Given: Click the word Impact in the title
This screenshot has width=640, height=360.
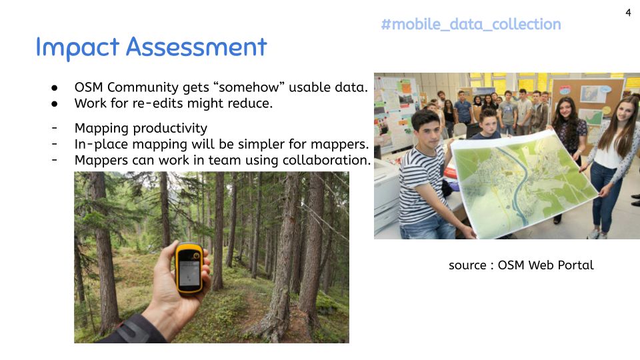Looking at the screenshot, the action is pyautogui.click(x=77, y=47).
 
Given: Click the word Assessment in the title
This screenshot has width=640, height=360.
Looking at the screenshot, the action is pyautogui.click(x=196, y=47).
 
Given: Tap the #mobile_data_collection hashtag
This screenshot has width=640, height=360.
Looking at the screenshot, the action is pyautogui.click(x=471, y=25).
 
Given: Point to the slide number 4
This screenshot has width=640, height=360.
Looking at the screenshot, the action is pyautogui.click(x=628, y=13).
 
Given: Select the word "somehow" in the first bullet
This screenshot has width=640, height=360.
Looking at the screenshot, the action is pyautogui.click(x=249, y=87).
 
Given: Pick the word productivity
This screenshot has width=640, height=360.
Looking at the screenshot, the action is pyautogui.click(x=169, y=129).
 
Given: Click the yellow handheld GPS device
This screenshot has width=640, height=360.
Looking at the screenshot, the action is pyautogui.click(x=189, y=269).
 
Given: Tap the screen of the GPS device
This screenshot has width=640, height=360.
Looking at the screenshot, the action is pyautogui.click(x=189, y=273).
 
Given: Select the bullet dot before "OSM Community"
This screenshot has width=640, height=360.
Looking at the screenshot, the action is pyautogui.click(x=54, y=88).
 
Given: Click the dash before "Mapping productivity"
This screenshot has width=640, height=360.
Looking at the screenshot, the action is pyautogui.click(x=54, y=128).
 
